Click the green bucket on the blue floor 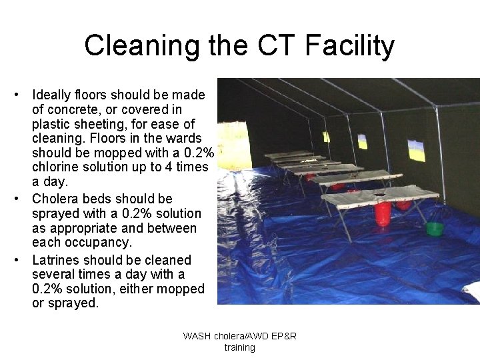pos(435,229)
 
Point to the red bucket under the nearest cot pos(383,214)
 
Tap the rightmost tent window pos(415,151)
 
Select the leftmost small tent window pos(326,137)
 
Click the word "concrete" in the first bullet pos(69,109)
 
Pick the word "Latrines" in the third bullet pos(56,260)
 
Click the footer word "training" pos(239,347)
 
